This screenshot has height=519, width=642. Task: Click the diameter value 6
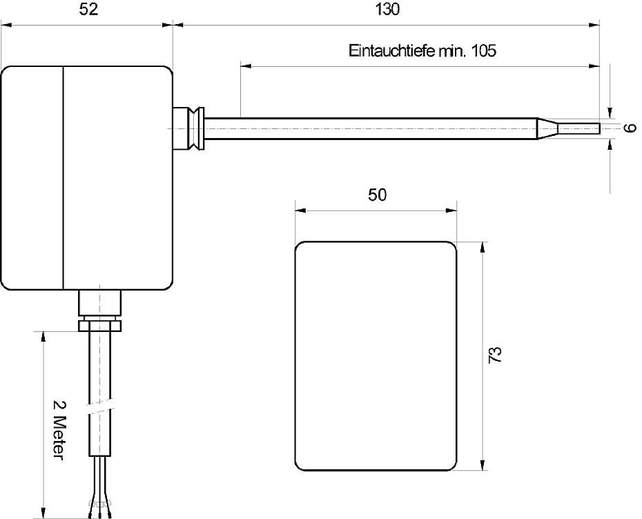click(628, 129)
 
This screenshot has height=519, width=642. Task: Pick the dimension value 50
click(377, 195)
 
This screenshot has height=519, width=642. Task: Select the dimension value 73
click(496, 355)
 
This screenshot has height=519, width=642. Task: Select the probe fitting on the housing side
click(188, 129)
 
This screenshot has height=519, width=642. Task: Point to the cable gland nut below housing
click(100, 322)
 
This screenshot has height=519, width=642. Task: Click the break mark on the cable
click(100, 408)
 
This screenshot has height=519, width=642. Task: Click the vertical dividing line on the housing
click(64, 178)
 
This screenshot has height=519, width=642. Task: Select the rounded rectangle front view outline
click(376, 355)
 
